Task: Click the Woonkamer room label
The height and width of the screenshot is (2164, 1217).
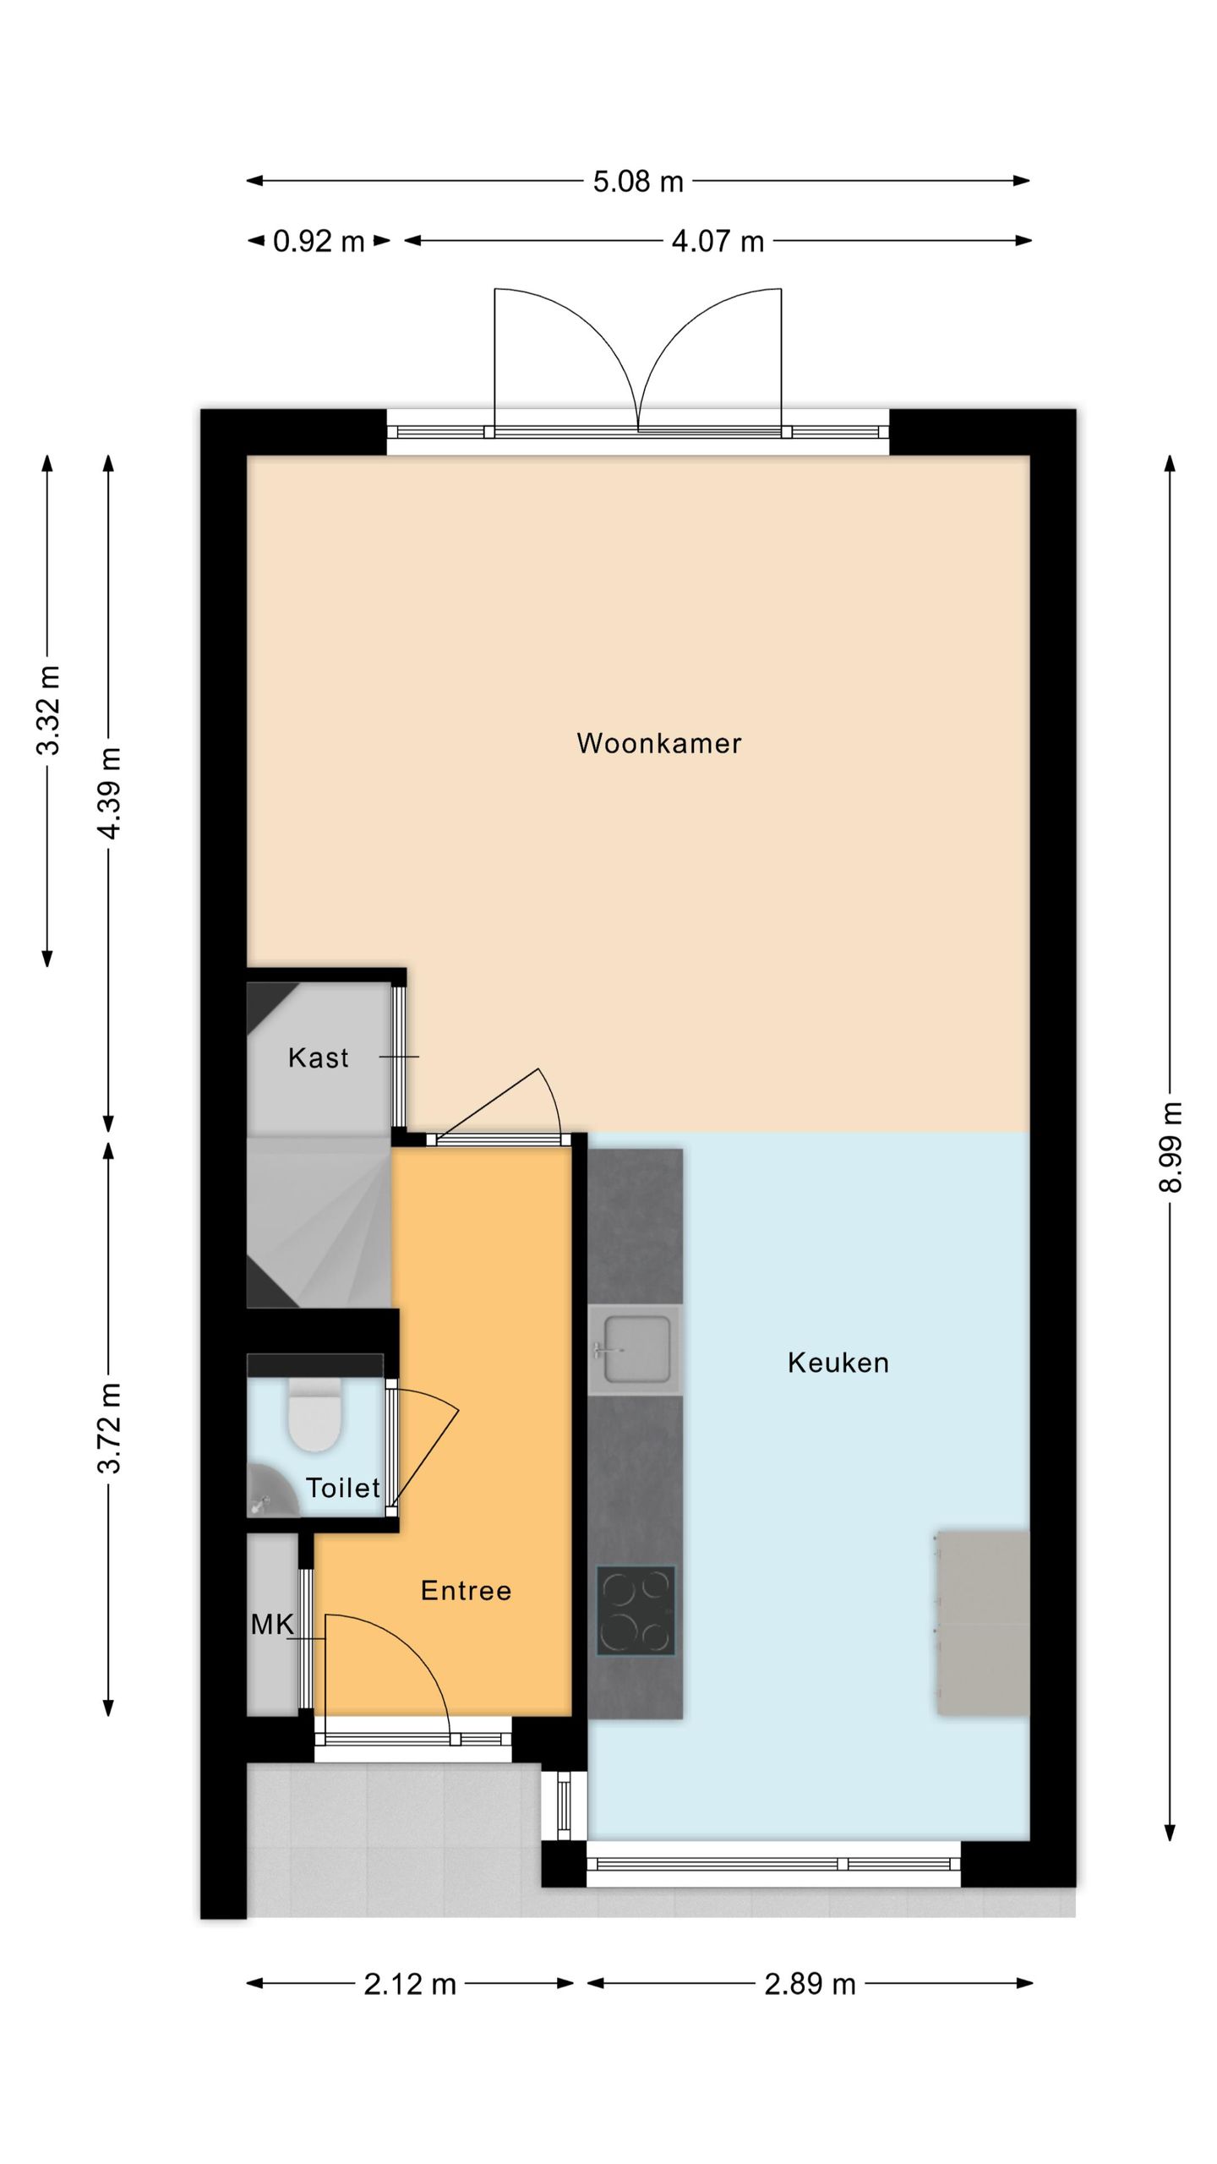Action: (x=658, y=743)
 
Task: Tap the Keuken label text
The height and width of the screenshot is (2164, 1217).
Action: (x=838, y=1363)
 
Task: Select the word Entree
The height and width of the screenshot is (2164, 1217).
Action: (x=466, y=1591)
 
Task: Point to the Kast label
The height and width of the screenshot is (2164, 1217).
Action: (x=318, y=1057)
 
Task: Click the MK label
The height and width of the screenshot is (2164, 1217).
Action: (x=272, y=1624)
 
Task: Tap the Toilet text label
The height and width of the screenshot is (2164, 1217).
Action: (x=342, y=1488)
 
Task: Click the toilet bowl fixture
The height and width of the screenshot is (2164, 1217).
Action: (x=314, y=1414)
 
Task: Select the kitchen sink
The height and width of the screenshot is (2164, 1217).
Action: (x=634, y=1349)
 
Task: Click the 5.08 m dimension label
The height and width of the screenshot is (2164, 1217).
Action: (x=638, y=182)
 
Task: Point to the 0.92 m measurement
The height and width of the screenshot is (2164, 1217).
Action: (x=319, y=242)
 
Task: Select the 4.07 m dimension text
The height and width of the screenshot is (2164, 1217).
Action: (x=718, y=242)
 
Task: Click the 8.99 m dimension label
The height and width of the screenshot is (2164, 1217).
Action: (x=1171, y=1146)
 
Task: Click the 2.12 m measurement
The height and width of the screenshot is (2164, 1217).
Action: (x=410, y=1984)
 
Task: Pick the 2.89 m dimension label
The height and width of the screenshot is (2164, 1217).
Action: (x=810, y=1984)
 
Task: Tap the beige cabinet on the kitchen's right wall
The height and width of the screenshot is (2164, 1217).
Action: (x=983, y=1622)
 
